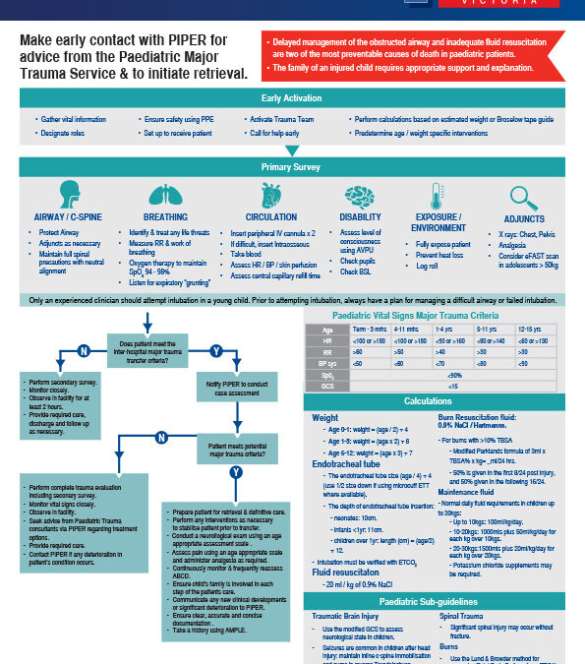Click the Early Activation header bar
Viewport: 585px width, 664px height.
tap(291, 99)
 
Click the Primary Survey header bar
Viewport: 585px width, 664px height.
tap(291, 167)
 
